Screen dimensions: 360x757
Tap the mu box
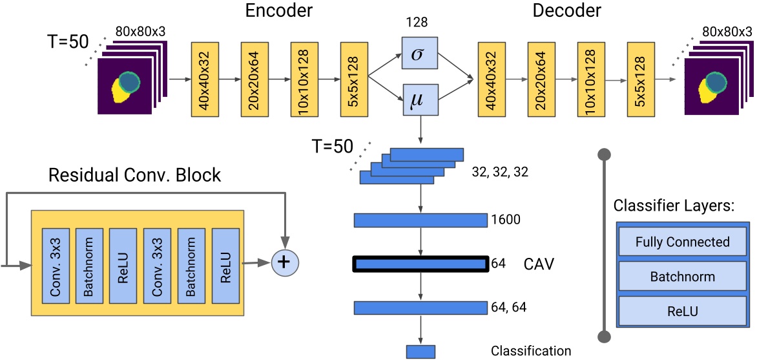[420, 101]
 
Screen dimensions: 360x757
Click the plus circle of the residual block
[281, 262]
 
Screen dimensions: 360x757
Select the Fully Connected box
[682, 243]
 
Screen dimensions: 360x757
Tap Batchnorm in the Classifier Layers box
[682, 277]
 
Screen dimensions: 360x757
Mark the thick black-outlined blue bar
[420, 264]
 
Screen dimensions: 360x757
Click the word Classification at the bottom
[531, 351]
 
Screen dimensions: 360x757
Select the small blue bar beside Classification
[420, 352]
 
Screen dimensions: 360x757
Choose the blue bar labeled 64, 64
[420, 308]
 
